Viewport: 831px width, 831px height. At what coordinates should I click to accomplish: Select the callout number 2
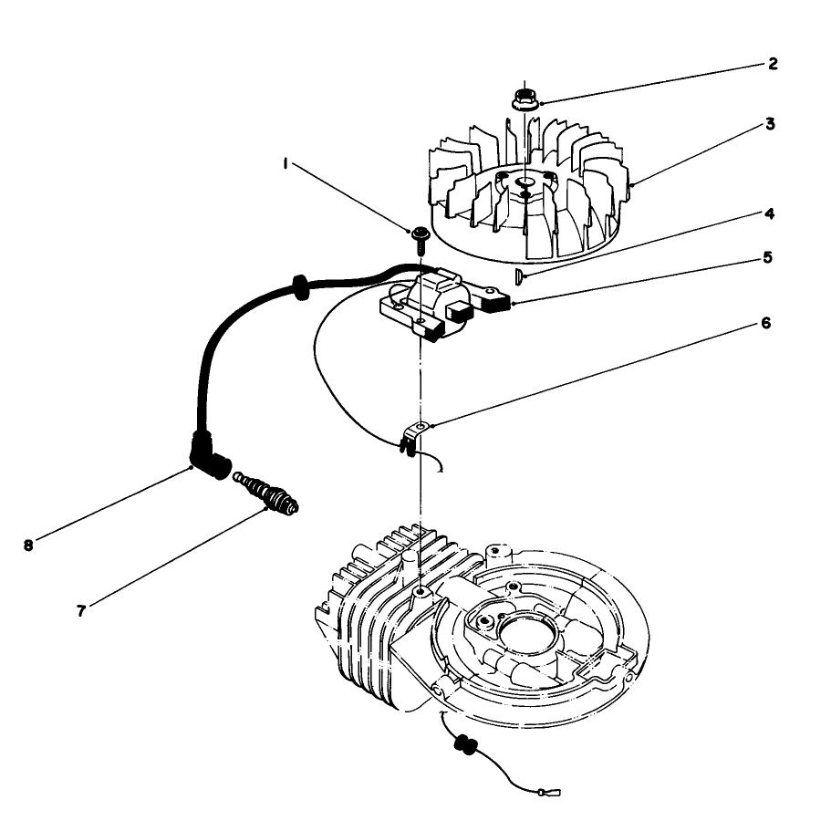(x=772, y=64)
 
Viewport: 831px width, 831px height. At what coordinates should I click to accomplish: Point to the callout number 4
(x=771, y=213)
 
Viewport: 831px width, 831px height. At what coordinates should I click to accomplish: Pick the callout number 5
(x=768, y=257)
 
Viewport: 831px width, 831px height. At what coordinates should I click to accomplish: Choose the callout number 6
(x=766, y=323)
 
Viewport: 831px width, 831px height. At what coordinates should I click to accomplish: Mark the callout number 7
(x=82, y=610)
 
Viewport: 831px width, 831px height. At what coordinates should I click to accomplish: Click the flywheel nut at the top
(x=525, y=97)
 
